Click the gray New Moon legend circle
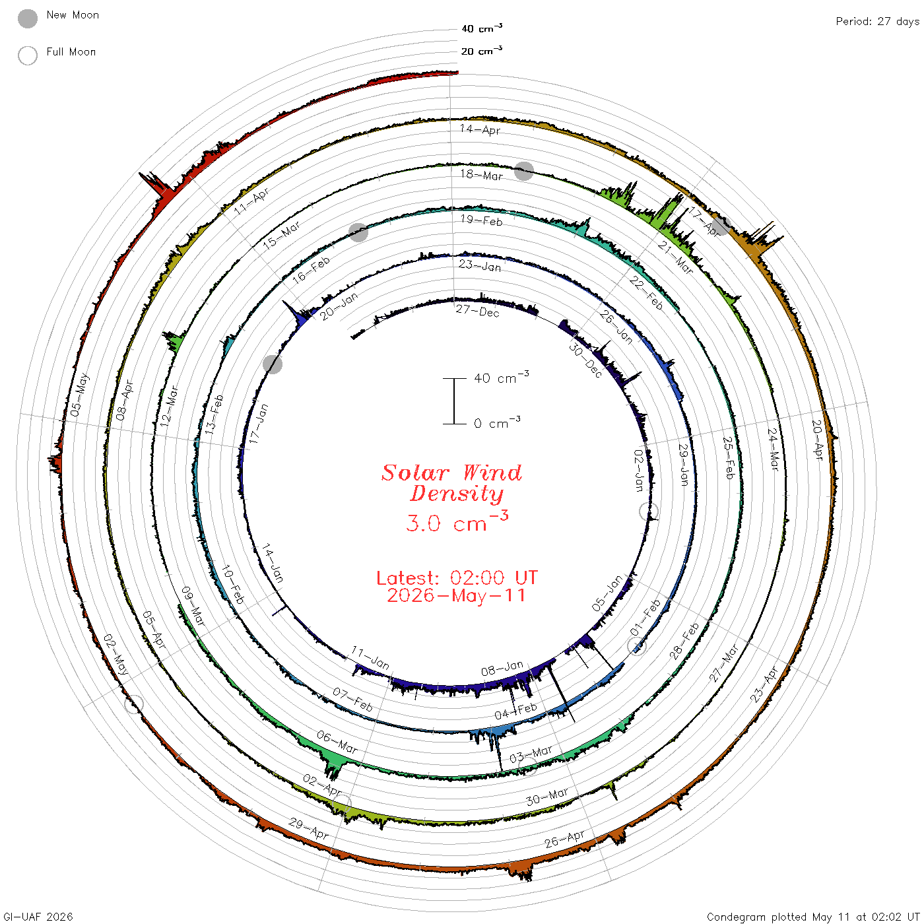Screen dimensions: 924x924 tap(28, 18)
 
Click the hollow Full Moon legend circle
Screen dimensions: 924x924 tap(28, 55)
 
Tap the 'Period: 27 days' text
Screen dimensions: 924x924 tap(878, 22)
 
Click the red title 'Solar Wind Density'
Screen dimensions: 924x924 tap(451, 483)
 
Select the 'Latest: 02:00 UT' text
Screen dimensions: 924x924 tap(457, 577)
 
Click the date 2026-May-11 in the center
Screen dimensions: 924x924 tap(457, 595)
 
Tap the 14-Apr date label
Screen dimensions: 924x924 tap(480, 129)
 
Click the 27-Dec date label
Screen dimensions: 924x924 tap(478, 312)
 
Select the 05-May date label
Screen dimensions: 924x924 tap(80, 395)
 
